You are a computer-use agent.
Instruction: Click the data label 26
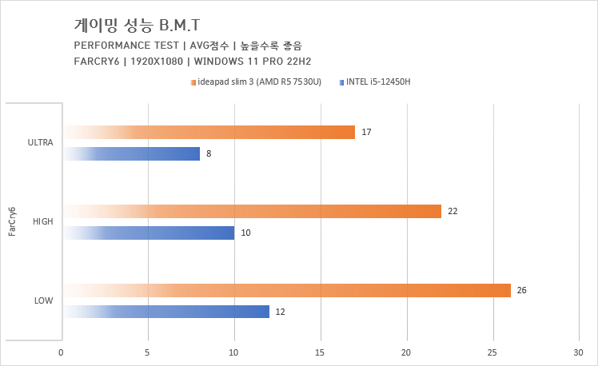tap(522, 290)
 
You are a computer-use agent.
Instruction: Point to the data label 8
tap(209, 153)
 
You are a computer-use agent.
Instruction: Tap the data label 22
tap(452, 211)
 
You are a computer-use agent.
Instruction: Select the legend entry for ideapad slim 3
tap(255, 82)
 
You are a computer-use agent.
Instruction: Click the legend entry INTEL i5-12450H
tap(377, 82)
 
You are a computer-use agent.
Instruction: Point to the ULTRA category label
tap(40, 143)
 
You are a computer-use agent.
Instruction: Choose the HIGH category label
tap(42, 221)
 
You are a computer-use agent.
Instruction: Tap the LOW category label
tap(44, 300)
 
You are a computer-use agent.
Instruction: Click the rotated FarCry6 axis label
tap(11, 222)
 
